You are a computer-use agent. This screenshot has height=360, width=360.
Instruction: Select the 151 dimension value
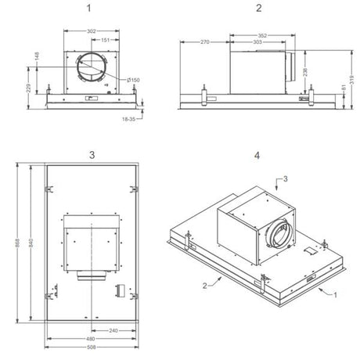103,40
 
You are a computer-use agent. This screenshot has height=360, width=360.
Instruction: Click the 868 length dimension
18,243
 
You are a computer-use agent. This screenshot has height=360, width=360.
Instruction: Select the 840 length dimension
31,243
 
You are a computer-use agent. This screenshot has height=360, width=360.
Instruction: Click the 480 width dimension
92,339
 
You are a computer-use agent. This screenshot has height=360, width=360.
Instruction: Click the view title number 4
257,155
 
